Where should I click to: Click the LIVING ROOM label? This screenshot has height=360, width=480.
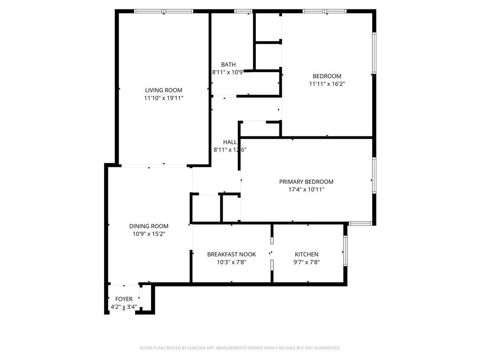click(x=163, y=90)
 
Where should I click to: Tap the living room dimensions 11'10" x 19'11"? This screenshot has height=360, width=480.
click(x=163, y=98)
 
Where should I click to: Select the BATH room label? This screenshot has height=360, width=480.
click(x=228, y=65)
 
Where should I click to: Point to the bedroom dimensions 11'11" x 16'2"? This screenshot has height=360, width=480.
click(x=327, y=84)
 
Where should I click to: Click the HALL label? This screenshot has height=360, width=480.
click(x=230, y=142)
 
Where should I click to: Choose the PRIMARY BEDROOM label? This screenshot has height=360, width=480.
click(x=306, y=182)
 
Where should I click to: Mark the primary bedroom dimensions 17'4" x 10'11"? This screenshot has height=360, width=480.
click(x=306, y=190)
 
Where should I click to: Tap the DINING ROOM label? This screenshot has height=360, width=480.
click(x=149, y=226)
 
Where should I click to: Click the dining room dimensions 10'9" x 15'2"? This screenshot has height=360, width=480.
click(x=149, y=234)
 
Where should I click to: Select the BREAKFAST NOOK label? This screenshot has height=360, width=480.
click(x=232, y=255)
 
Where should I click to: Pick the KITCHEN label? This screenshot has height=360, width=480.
click(x=306, y=255)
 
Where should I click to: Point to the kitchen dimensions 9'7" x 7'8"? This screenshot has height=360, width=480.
click(x=306, y=262)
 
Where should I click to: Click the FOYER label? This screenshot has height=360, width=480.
click(x=124, y=299)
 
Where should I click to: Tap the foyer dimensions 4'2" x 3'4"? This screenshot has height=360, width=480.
click(x=124, y=307)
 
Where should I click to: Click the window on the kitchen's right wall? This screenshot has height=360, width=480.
click(x=345, y=251)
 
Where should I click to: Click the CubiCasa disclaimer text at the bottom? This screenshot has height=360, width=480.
click(x=240, y=348)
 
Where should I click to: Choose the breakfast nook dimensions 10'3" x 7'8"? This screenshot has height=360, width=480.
click(x=232, y=262)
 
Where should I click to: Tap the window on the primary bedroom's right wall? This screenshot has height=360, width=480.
click(x=374, y=175)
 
